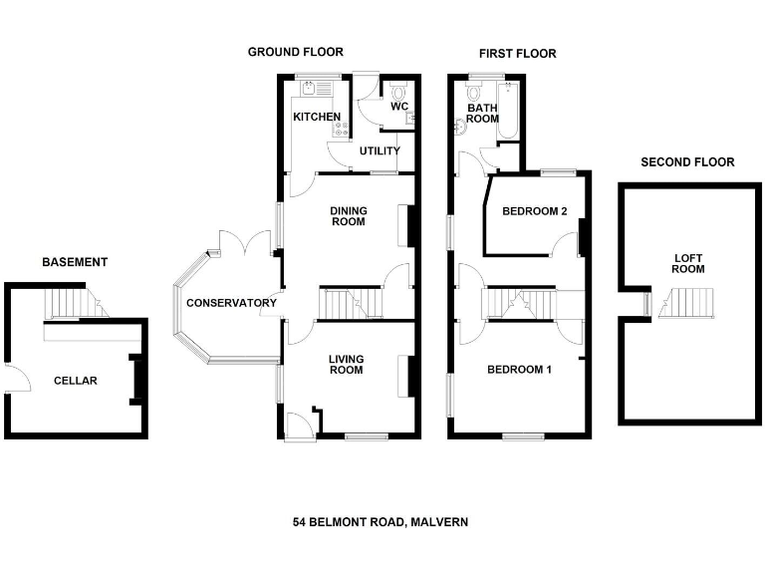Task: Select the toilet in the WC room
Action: tap(399, 90)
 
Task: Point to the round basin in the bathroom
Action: tap(461, 127)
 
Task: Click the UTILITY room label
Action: tap(380, 151)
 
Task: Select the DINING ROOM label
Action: tap(349, 216)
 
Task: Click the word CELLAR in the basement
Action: tap(76, 381)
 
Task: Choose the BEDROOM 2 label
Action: tap(534, 211)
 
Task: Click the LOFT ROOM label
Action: tap(687, 263)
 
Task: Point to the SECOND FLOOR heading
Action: tap(687, 162)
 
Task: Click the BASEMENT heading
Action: tap(74, 263)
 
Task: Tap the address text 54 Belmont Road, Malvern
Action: tap(381, 522)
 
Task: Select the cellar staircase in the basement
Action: tap(73, 302)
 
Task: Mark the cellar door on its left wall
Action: tap(12, 379)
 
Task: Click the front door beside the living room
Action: tap(297, 427)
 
